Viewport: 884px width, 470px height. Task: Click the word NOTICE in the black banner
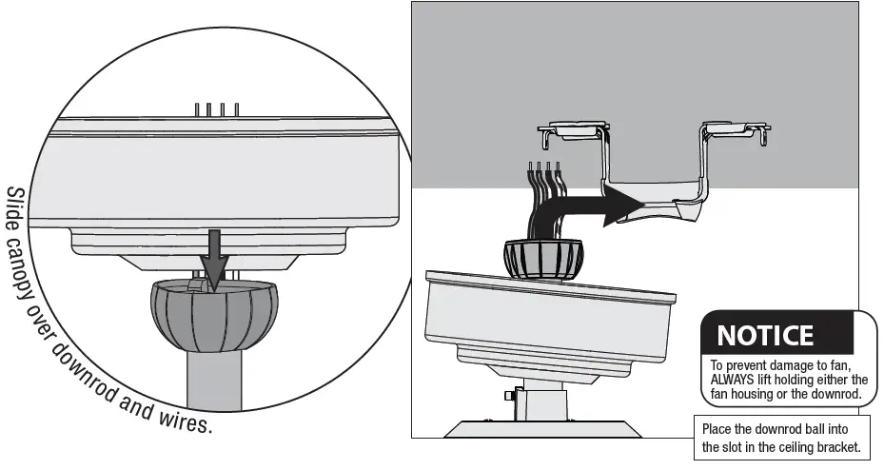point(764,336)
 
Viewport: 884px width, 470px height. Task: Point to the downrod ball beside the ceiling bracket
point(542,258)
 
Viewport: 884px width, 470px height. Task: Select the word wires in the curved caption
point(187,416)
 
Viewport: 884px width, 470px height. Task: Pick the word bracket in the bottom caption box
point(837,446)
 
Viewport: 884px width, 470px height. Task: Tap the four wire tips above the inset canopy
point(216,109)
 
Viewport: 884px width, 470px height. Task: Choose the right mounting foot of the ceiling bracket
point(735,130)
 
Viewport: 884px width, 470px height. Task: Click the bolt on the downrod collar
point(511,394)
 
